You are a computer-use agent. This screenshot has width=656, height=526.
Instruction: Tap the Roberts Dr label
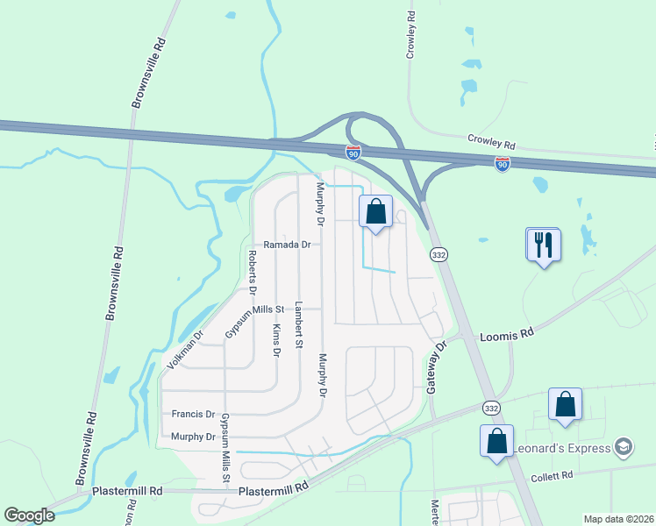(x=252, y=271)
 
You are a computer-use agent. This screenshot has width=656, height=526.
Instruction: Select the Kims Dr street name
(x=275, y=339)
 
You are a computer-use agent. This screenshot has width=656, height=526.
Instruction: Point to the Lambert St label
(x=298, y=325)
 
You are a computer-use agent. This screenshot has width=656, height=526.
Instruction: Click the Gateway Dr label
(x=437, y=366)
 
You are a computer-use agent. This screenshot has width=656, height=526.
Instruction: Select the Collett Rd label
(x=553, y=475)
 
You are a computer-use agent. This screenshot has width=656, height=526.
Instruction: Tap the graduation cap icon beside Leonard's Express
(x=624, y=447)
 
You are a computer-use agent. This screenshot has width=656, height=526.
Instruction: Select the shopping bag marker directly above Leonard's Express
(x=566, y=404)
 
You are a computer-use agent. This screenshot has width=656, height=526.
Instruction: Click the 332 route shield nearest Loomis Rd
(x=439, y=254)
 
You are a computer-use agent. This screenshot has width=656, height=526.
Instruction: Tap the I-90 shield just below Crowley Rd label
(x=502, y=164)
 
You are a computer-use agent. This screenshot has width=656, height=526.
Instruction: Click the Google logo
(x=29, y=515)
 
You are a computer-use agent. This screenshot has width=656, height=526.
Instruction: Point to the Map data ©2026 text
(x=618, y=519)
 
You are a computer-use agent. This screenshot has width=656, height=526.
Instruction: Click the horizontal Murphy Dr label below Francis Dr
(x=193, y=437)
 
